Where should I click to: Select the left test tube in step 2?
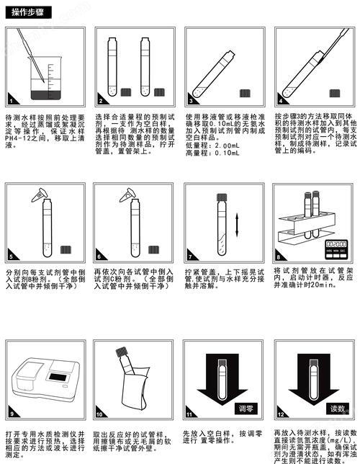(x=112, y=65)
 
